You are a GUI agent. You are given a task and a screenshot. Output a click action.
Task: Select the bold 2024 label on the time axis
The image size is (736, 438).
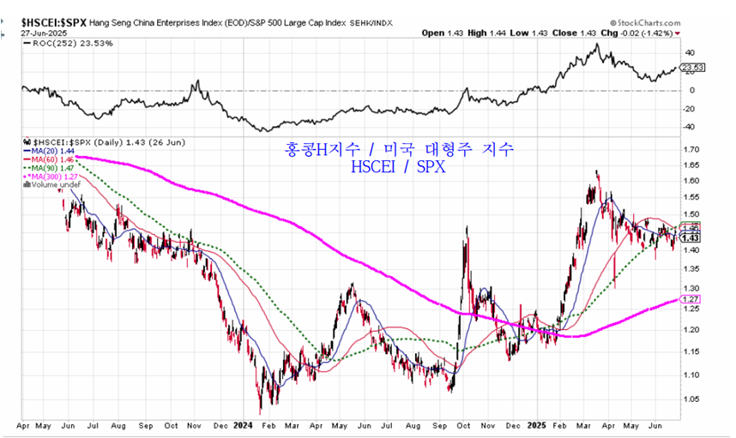(x=244, y=424)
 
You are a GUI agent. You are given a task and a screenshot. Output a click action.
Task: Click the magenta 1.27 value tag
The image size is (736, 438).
(x=691, y=299)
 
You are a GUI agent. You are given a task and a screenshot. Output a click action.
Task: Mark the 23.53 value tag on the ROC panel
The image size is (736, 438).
(x=692, y=67)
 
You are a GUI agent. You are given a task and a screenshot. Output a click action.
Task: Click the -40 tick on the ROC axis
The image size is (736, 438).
(x=690, y=127)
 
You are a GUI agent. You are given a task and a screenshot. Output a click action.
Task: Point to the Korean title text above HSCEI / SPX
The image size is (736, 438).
(x=399, y=149)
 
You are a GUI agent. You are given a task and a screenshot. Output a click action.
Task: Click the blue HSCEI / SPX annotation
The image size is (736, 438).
(x=399, y=167)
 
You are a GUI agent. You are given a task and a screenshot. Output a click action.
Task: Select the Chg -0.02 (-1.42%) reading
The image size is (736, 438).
(x=636, y=33)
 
